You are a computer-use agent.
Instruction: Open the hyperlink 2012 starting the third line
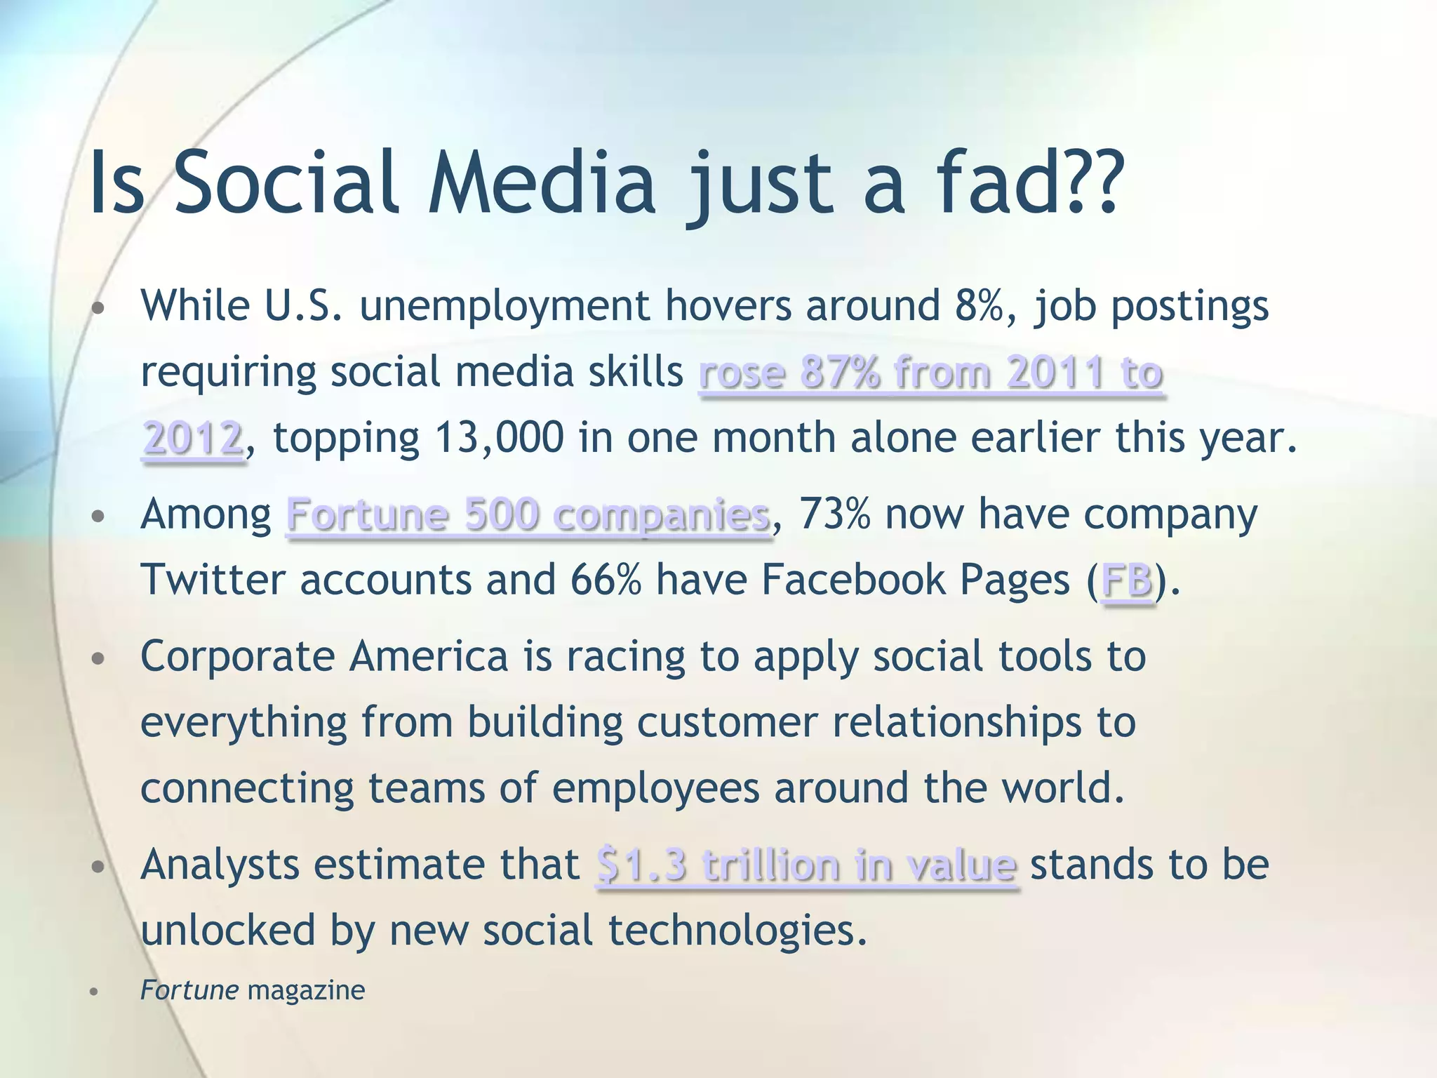click(192, 438)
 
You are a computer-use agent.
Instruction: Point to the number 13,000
click(499, 438)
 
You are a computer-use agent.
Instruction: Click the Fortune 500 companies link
click(528, 515)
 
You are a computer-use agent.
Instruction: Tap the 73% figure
click(835, 514)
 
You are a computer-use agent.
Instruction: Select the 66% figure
click(606, 580)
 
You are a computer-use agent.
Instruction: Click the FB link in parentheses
click(1127, 580)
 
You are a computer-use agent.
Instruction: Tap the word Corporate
click(238, 658)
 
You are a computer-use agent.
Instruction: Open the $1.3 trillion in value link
click(806, 865)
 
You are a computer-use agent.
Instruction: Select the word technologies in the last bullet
click(737, 931)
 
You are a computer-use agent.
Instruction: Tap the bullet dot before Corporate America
click(98, 659)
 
